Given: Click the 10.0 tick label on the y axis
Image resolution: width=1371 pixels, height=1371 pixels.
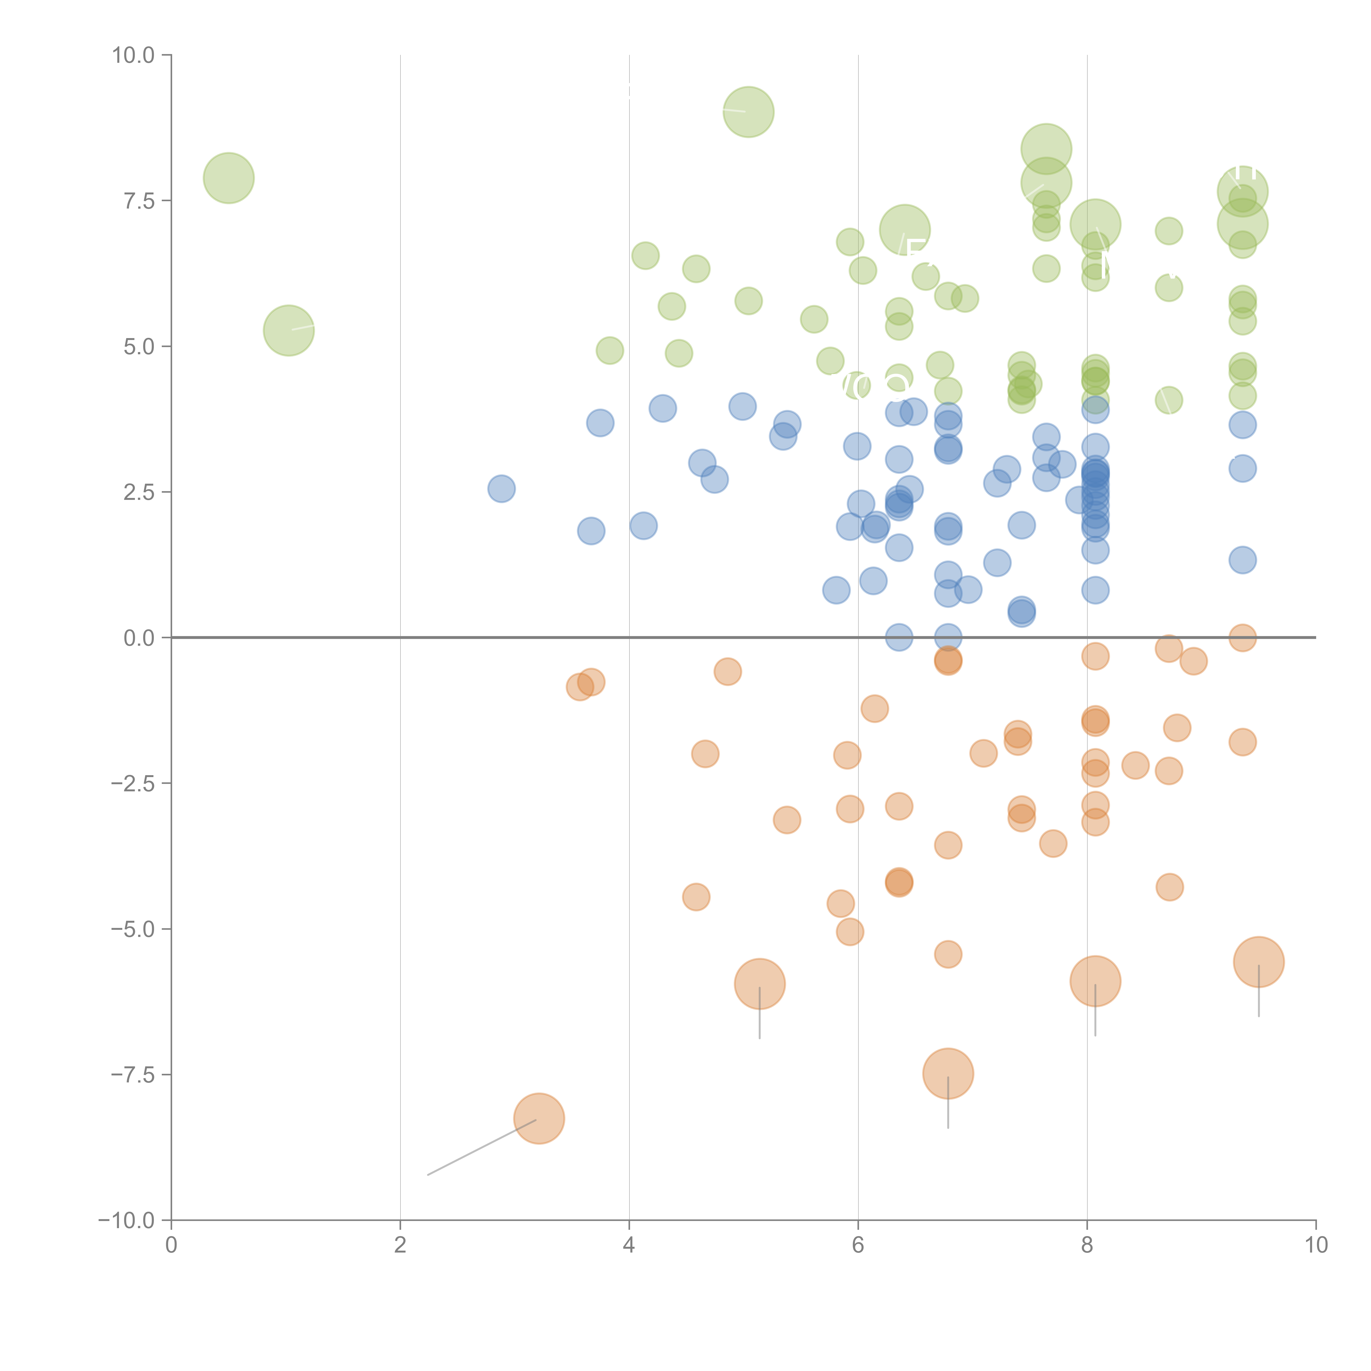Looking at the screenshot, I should (134, 55).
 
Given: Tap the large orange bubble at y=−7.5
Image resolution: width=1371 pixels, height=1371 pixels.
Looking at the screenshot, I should (948, 1073).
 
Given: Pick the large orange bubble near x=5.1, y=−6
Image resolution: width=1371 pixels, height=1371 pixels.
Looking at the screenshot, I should (759, 984).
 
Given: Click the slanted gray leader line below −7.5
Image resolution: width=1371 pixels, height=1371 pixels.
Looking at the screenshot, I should (483, 1147).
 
